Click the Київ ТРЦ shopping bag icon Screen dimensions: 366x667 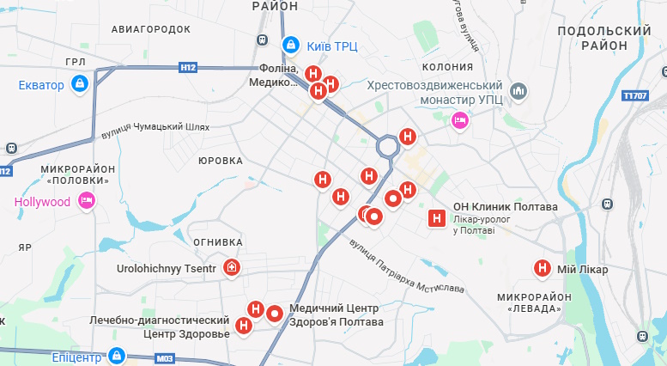(290, 44)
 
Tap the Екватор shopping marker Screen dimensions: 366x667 (79, 84)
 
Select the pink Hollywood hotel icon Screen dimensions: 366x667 (86, 202)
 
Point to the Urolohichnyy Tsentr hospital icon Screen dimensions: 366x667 (231, 269)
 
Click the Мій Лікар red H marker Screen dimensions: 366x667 (543, 269)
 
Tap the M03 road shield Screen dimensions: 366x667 (166, 357)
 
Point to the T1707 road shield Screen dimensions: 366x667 (636, 95)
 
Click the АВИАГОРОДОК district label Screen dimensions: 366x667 (151, 29)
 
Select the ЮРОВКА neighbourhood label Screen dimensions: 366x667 (221, 161)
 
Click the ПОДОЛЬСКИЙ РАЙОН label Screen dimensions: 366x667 (604, 38)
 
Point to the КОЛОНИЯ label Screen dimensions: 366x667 (447, 67)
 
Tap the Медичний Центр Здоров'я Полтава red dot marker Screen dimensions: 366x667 (275, 314)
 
